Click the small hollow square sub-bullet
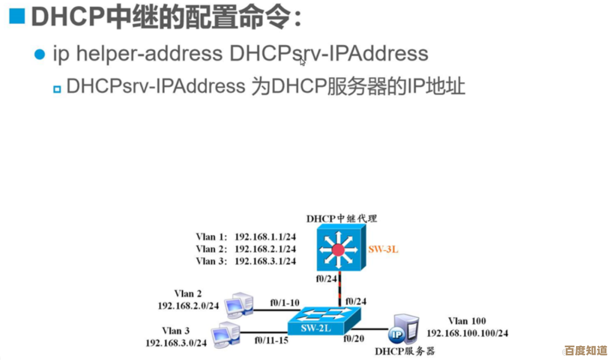pos(57,89)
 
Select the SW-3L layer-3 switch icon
pos(341,250)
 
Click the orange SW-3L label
pos(383,250)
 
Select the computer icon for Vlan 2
pos(239,305)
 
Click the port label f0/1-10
pos(284,303)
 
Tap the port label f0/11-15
pos(271,340)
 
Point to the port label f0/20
pos(354,338)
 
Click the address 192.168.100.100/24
pos(467,333)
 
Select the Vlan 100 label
pos(467,321)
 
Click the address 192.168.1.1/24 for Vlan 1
pos(265,237)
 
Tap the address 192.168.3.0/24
pos(176,342)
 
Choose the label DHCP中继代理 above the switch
pos(342,218)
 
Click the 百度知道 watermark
pos(585,351)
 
